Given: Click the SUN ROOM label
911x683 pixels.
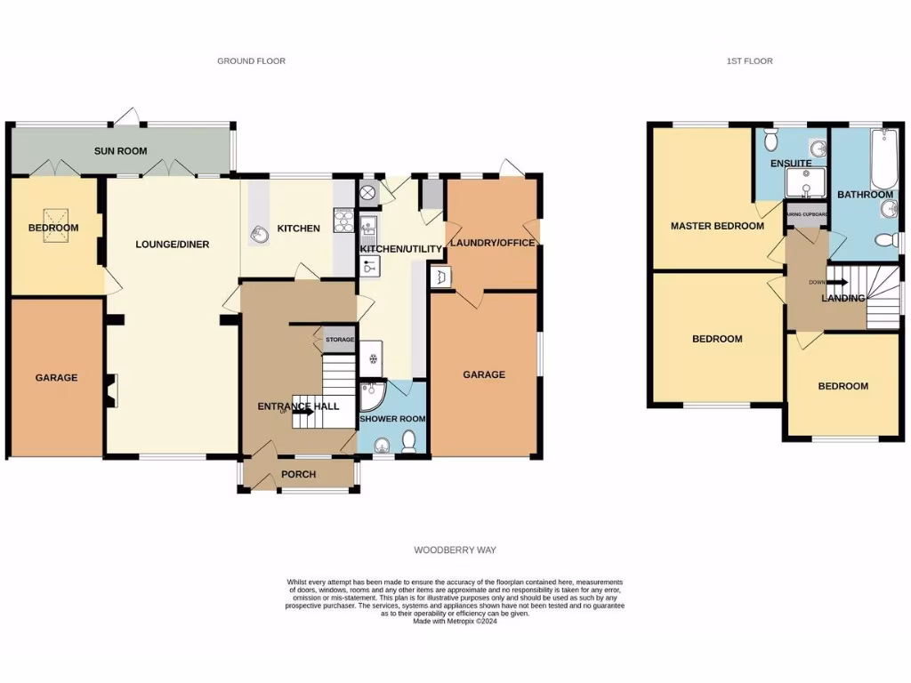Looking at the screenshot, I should (121, 151).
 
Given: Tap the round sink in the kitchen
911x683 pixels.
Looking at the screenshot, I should (261, 234).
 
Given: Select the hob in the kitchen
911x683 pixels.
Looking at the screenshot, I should (342, 220).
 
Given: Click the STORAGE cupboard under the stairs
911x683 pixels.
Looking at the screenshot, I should (339, 340).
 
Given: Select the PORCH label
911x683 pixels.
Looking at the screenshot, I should (299, 474).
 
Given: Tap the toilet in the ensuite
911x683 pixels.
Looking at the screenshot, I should (770, 141).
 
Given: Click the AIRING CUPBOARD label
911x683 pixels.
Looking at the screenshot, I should (807, 214).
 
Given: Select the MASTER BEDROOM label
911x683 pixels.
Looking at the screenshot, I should (717, 226).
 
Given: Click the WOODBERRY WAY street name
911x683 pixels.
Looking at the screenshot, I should (455, 551).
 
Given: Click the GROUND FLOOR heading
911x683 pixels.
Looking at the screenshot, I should (252, 61).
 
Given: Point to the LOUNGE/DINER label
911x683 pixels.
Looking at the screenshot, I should (173, 244).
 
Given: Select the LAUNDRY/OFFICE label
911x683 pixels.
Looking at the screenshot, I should (491, 244).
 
